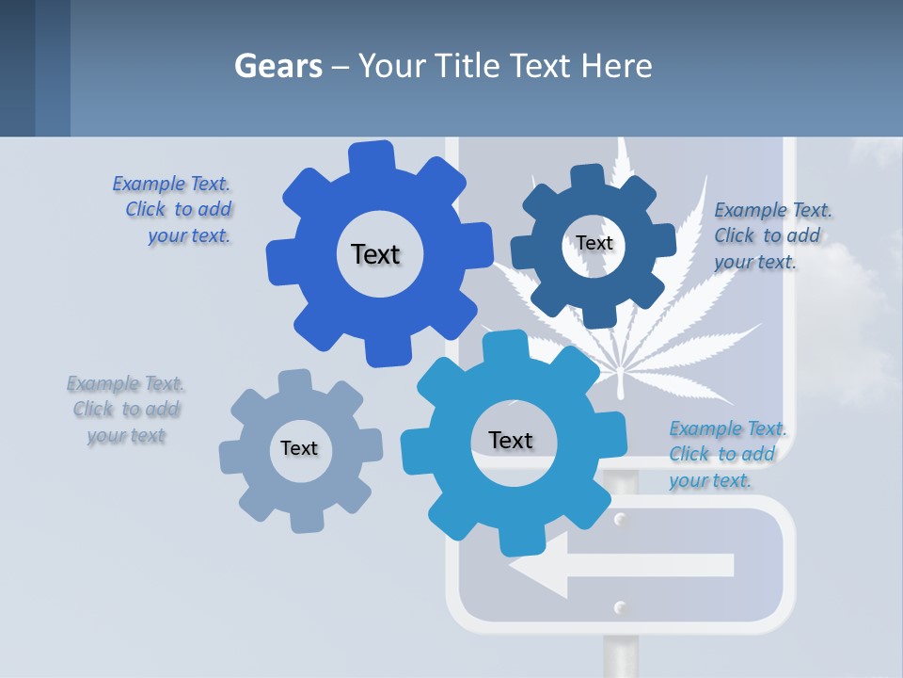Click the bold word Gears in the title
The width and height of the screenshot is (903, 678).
coord(278,66)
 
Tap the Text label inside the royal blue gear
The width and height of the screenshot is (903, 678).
coord(375,254)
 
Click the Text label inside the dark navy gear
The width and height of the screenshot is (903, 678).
coord(594,243)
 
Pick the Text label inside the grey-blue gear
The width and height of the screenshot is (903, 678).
coord(299,448)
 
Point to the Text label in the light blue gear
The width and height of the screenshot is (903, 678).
coord(511,440)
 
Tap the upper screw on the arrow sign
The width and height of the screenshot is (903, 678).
coord(620,519)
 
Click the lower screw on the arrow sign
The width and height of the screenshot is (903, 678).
coord(620,605)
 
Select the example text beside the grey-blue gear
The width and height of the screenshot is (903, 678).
coord(125,410)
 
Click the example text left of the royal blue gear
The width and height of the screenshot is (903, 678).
coord(175,209)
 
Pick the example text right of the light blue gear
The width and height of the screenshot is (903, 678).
coord(726,454)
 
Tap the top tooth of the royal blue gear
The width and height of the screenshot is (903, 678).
coord(372,156)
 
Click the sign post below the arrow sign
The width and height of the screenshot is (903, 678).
coord(620,655)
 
